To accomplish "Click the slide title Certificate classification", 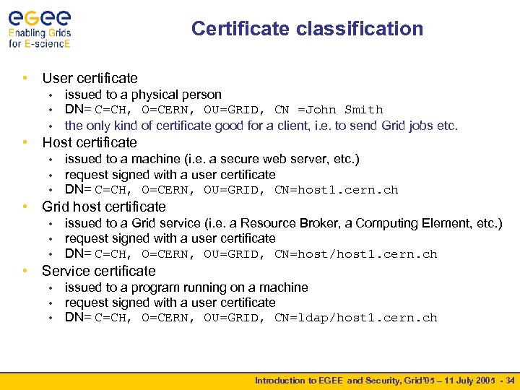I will point(307,29).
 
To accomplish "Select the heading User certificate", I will point(90,78).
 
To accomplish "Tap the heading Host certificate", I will point(90,142).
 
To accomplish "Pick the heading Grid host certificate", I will point(104,207).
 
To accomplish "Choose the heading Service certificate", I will point(99,271).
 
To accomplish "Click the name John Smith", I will point(344,110).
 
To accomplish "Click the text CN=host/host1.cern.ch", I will point(355,254).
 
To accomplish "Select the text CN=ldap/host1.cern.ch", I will point(355,318).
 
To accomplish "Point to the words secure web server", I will point(245,159).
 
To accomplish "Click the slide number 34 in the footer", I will point(511,381).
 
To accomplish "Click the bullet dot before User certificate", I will point(26,78).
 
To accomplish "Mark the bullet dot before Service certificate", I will point(26,271).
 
